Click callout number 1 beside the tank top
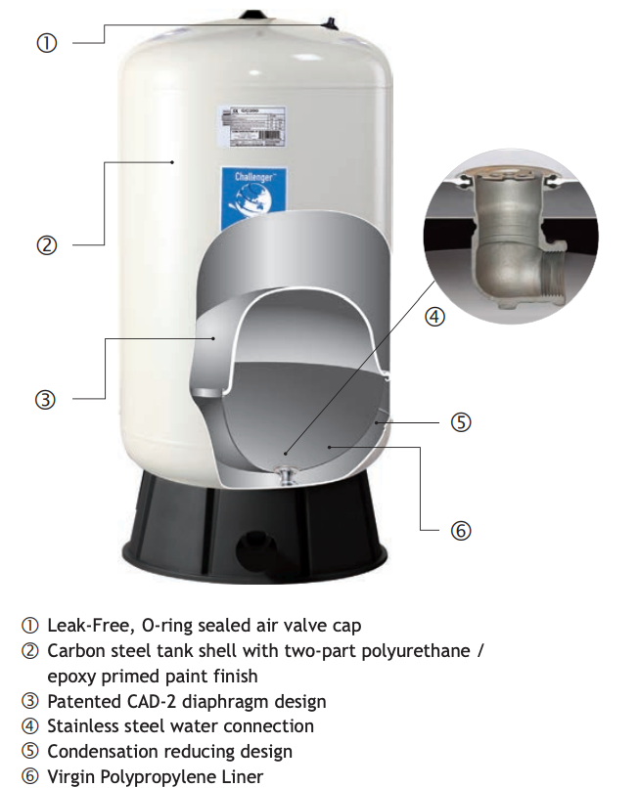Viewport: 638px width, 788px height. click(x=46, y=43)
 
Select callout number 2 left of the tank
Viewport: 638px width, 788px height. click(x=46, y=245)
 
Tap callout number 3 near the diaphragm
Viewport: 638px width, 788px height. click(x=46, y=399)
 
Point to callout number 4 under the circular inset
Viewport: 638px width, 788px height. click(x=435, y=316)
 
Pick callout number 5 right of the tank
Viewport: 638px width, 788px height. click(x=461, y=422)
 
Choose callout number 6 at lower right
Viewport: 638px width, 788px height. click(x=461, y=531)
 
